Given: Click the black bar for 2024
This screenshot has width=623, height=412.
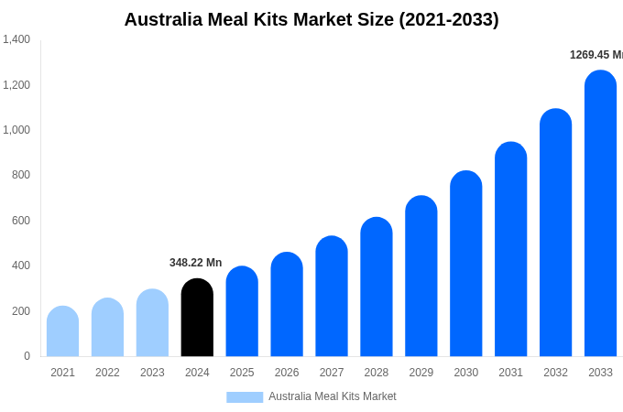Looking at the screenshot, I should [x=197, y=318].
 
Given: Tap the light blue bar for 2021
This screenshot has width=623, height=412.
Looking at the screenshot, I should [x=62, y=331].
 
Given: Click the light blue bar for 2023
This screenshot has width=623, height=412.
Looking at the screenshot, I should [x=152, y=323].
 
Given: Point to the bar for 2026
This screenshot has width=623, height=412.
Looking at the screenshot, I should [x=287, y=304].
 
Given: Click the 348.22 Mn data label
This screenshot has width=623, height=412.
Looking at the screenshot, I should [x=195, y=263].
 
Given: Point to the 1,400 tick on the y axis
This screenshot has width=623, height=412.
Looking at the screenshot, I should [x=16, y=39].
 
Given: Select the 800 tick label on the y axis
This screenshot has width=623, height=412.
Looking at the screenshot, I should [x=21, y=175].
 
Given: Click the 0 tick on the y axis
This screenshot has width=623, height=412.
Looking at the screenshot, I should [x=27, y=356].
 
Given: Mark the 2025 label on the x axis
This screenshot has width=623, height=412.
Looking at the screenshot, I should [x=242, y=373].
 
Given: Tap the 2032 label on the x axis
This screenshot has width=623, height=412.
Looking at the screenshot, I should [x=555, y=373].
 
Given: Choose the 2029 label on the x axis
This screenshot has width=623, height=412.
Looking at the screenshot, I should [x=421, y=373].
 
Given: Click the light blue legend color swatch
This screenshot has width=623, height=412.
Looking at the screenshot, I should [x=245, y=396].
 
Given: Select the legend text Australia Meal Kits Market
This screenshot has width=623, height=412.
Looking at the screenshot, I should [x=332, y=396].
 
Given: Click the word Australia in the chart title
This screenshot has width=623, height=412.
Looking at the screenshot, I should [x=167, y=19].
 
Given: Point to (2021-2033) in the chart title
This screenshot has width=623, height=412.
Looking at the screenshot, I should [x=448, y=19].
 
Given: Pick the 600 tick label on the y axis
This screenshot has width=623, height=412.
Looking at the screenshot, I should [x=21, y=221].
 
